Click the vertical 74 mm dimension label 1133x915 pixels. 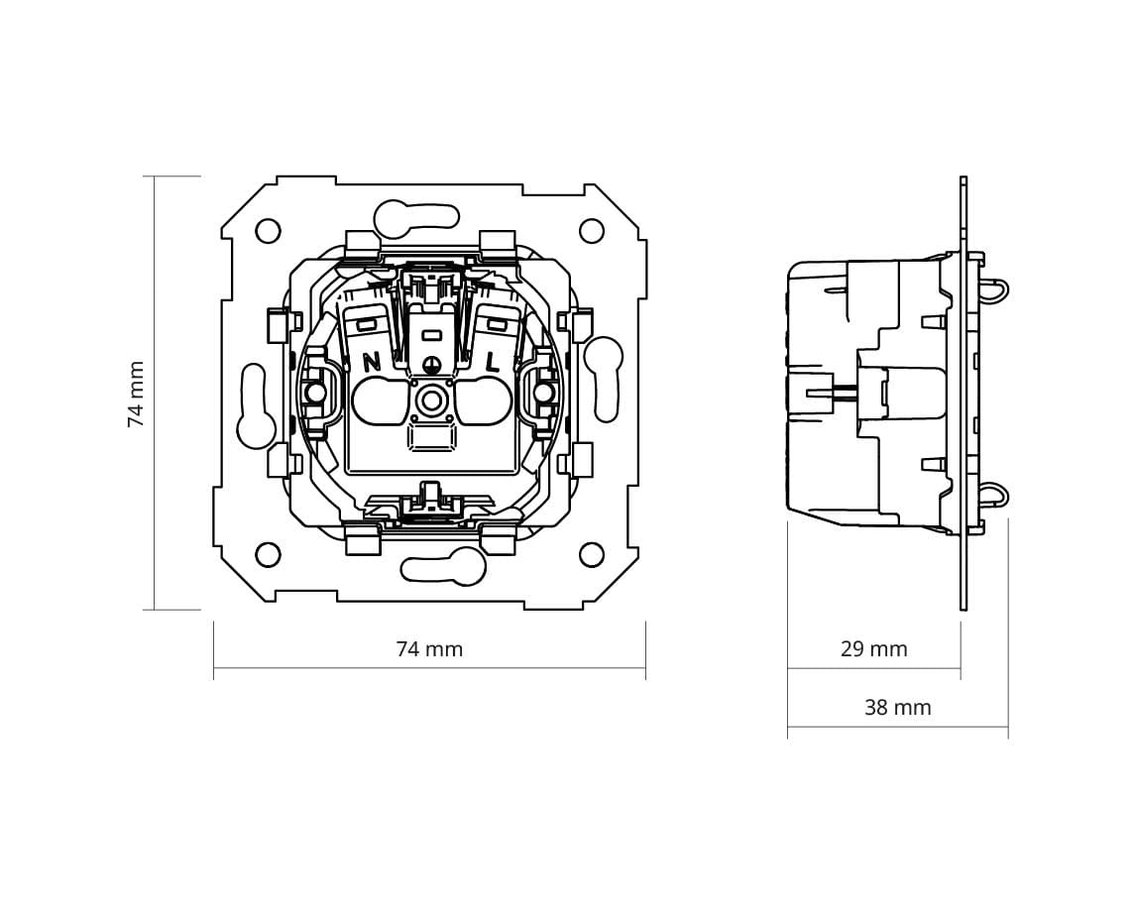click(x=136, y=394)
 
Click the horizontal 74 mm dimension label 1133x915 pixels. click(x=429, y=649)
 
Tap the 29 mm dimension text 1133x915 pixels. click(x=873, y=649)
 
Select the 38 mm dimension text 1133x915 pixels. click(x=897, y=707)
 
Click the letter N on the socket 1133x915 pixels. click(x=372, y=362)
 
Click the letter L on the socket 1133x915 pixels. click(x=492, y=362)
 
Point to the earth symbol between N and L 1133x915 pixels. click(x=432, y=365)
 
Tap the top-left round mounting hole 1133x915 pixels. click(x=268, y=231)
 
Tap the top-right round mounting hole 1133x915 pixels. click(x=592, y=231)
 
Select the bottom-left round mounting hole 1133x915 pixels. click(x=268, y=555)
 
